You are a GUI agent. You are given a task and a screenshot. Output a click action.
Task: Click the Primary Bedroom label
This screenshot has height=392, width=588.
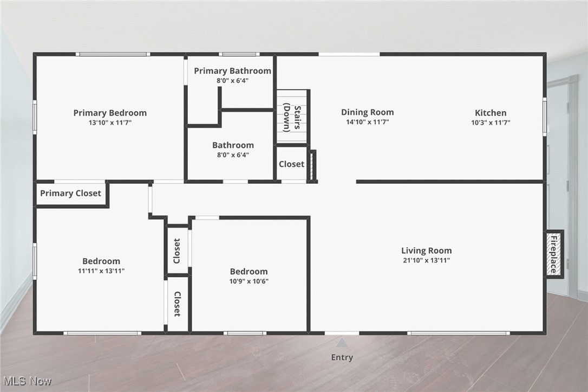point(110,113)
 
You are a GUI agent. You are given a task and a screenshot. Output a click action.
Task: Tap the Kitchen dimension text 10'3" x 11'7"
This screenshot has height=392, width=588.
point(491,123)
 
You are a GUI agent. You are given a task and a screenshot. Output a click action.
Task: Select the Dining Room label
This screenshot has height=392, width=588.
point(367,112)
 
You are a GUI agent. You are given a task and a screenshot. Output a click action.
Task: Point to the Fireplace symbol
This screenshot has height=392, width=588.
point(553,254)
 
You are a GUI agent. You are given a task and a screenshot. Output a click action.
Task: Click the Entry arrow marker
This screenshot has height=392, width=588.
point(342,343)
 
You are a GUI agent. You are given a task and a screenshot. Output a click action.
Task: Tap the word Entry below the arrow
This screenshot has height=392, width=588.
point(342,357)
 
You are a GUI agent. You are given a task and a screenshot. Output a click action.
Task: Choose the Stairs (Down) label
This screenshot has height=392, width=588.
point(291,118)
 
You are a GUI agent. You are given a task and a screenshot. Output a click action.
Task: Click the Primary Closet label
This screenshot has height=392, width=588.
point(70,193)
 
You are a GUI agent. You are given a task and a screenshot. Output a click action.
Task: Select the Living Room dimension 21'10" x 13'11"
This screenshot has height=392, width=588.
point(426,260)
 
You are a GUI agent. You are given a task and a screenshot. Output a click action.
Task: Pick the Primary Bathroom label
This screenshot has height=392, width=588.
point(232,71)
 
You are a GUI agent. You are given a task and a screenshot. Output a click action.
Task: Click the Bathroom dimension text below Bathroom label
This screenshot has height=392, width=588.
point(233,155)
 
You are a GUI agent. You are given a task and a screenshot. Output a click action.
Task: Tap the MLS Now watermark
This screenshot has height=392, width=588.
point(27,381)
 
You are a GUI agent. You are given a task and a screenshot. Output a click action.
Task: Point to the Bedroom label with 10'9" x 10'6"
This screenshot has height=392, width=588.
point(249,272)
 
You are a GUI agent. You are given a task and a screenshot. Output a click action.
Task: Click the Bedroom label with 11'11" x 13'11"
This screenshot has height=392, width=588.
point(101,261)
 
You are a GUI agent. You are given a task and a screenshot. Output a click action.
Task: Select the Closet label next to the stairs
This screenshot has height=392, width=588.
point(291,164)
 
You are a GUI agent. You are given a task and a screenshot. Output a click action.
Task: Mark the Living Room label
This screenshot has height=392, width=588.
point(426,250)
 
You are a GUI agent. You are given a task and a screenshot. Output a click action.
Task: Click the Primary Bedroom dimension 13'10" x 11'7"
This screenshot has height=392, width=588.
point(110,123)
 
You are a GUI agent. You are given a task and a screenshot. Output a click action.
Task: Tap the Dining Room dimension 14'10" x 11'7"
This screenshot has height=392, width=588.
point(367,122)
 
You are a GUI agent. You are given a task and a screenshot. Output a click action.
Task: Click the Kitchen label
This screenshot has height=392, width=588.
point(491,113)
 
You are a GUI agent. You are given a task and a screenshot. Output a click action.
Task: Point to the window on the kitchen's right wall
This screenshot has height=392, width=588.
point(545,116)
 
